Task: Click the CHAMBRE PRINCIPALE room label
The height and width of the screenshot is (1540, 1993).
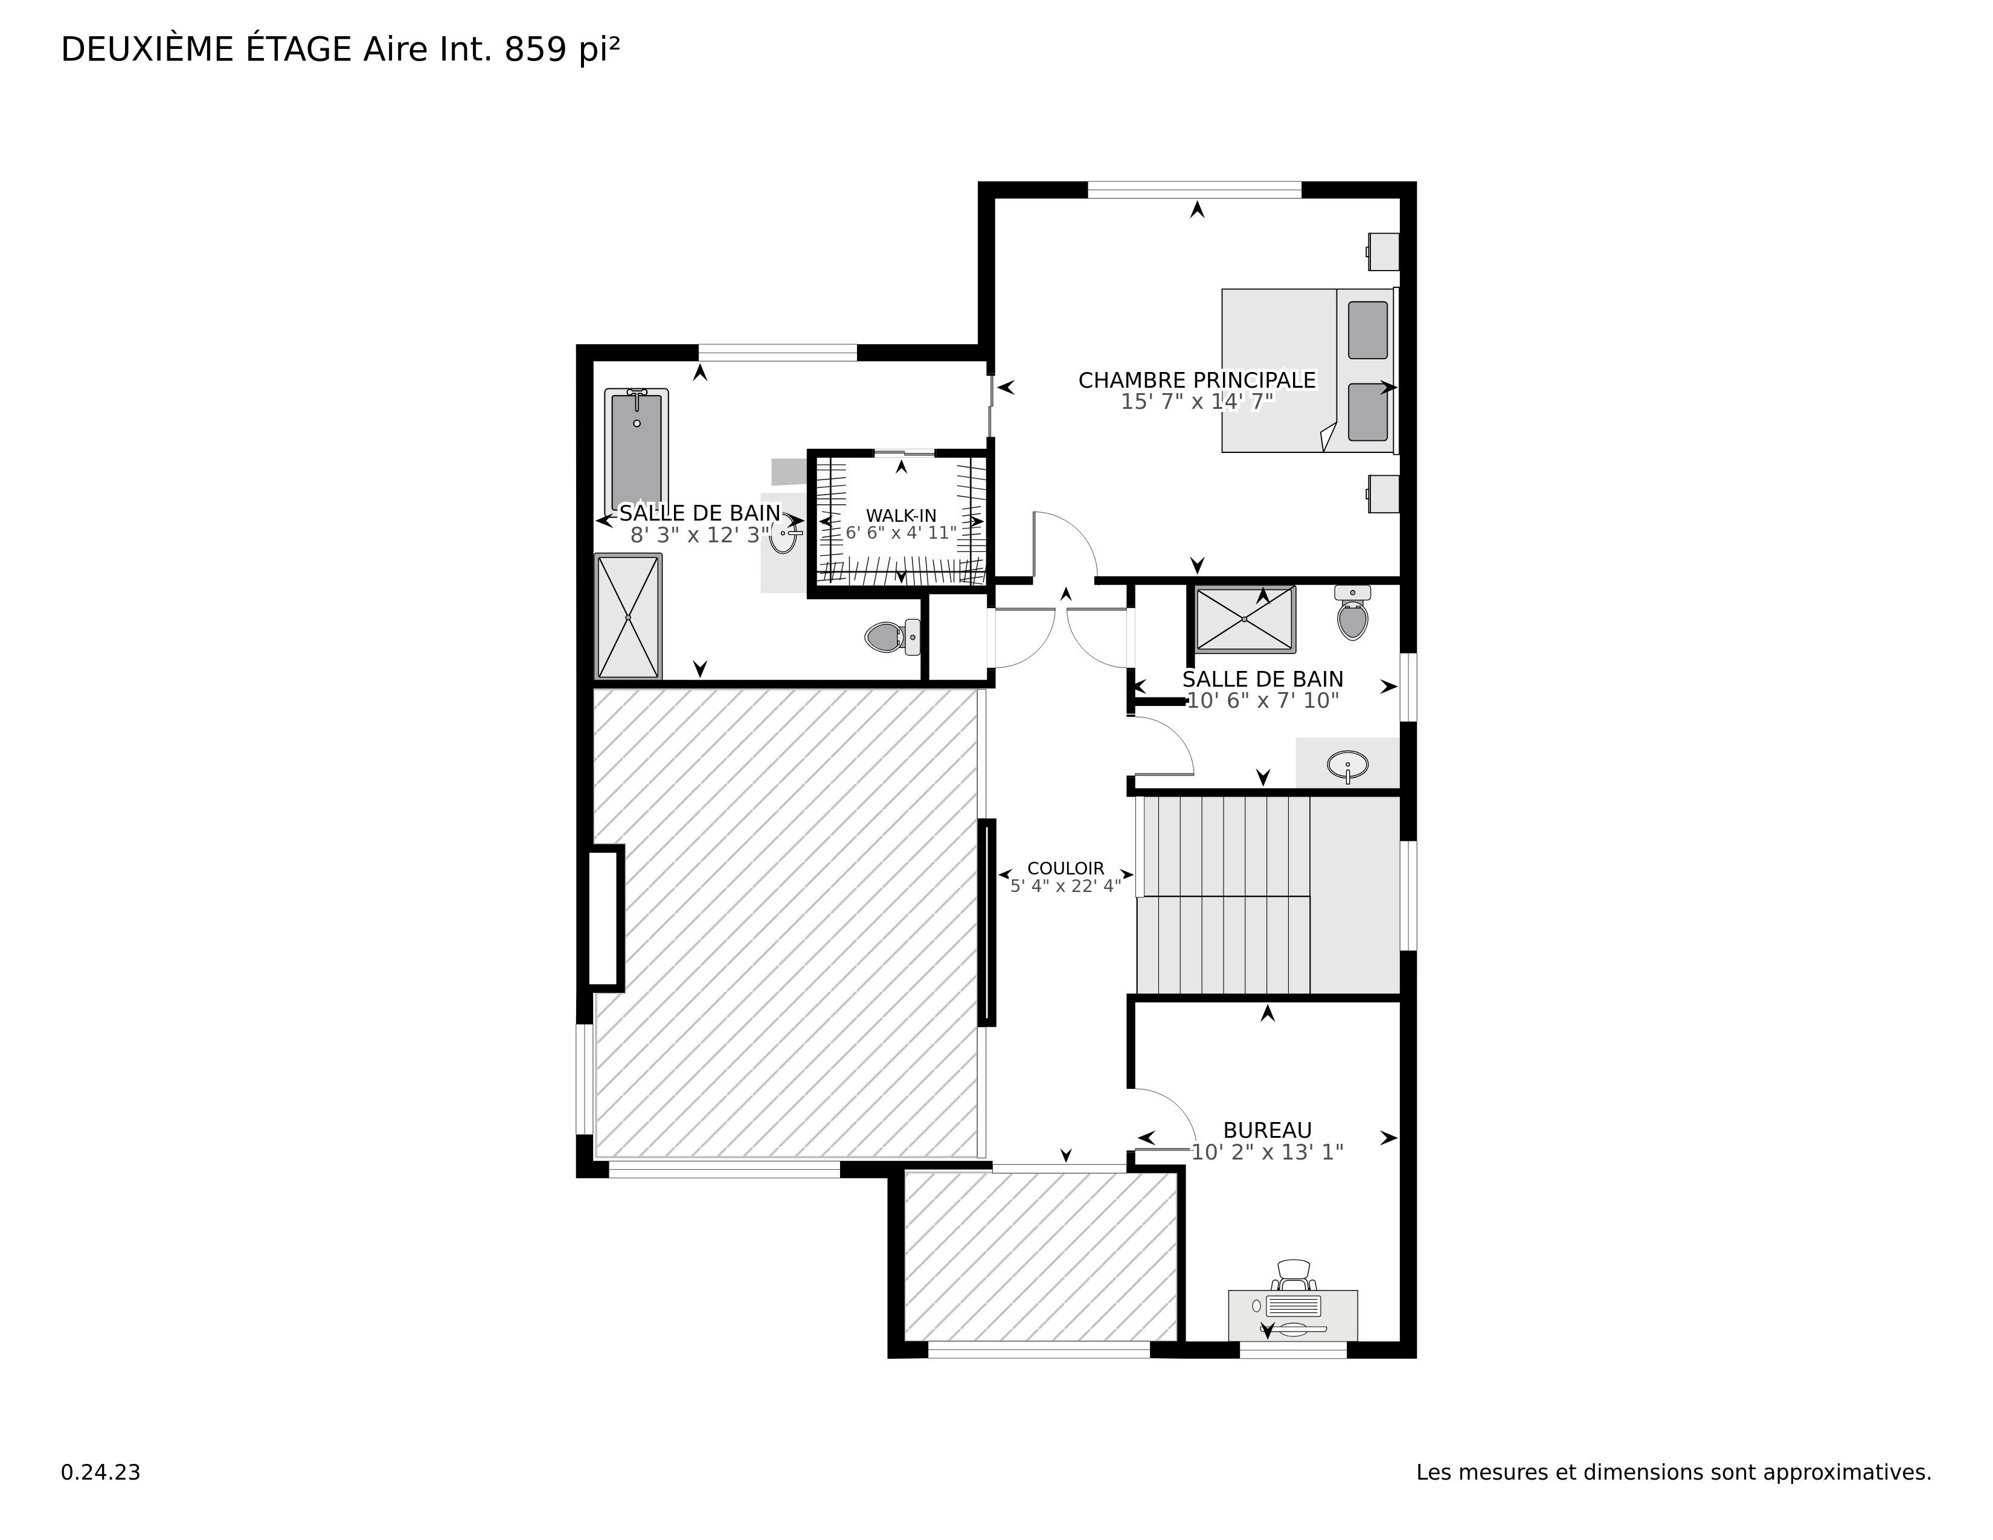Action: pos(1197,380)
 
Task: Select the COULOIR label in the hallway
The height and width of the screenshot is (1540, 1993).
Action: pos(1066,868)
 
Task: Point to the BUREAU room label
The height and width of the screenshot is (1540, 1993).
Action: pos(1268,1131)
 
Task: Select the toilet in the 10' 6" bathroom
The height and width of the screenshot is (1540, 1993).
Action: pos(1352,612)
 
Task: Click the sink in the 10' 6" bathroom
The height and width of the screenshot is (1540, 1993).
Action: pos(1348,765)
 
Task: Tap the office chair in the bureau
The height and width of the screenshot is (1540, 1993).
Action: pos(1294,1274)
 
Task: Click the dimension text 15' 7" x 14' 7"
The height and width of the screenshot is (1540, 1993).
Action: pos(1197,402)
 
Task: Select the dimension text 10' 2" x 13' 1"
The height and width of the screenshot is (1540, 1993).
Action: pos(1268,1152)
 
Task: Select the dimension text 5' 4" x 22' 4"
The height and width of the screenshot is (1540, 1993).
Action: pos(1066,886)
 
